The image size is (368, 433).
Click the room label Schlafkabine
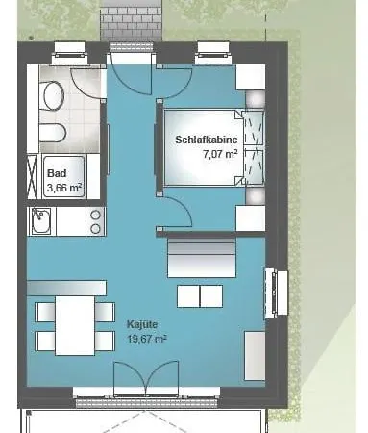pyautogui.click(x=207, y=140)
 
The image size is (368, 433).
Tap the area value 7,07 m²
pyautogui.click(x=220, y=154)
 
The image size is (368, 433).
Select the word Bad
pyautogui.click(x=57, y=173)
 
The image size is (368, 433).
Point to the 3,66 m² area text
pyautogui.click(x=64, y=188)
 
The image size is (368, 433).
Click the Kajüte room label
pyautogui.click(x=142, y=324)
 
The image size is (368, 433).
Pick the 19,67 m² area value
pyautogui.click(x=147, y=339)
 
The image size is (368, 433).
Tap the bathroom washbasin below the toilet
pyautogui.click(x=53, y=133)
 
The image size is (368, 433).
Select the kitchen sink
pyautogui.click(x=41, y=221)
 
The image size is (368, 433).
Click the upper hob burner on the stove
pyautogui.click(x=95, y=216)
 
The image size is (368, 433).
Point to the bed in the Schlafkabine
pyautogui.click(x=203, y=147)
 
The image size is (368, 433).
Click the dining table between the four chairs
pyautogui.click(x=75, y=325)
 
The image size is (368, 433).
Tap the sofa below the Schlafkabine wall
pyautogui.click(x=202, y=258)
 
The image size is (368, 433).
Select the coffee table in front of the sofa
pyautogui.click(x=200, y=296)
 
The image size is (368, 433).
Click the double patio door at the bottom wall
pyautogui.click(x=146, y=378)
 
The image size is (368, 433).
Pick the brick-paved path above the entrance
pyautogui.click(x=131, y=21)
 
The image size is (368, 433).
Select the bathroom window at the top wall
pyautogui.click(x=70, y=52)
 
